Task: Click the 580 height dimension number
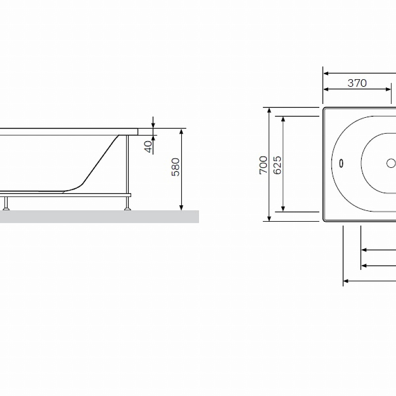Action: click(x=175, y=167)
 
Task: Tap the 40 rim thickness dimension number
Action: click(x=148, y=147)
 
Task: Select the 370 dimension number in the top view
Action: click(x=356, y=83)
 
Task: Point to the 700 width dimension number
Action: click(x=263, y=164)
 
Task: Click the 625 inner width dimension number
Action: click(x=277, y=164)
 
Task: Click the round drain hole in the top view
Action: click(x=391, y=163)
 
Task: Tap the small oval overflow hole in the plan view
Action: click(x=342, y=163)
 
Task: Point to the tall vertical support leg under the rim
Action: click(x=128, y=163)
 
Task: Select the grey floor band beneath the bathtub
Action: click(x=99, y=216)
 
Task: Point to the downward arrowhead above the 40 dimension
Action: click(x=153, y=124)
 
